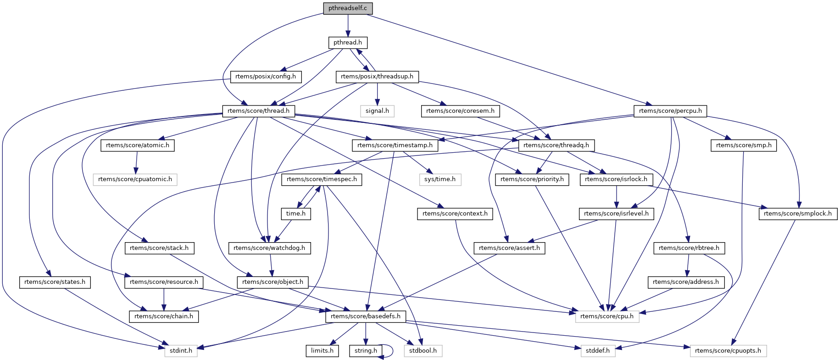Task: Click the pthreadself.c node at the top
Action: point(348,8)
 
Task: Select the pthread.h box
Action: point(348,43)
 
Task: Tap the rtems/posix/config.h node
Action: point(266,77)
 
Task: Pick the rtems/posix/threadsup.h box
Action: point(377,77)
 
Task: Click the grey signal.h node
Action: point(377,111)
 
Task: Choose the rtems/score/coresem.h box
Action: point(460,111)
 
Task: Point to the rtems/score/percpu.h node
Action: point(670,111)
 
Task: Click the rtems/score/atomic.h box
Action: point(137,145)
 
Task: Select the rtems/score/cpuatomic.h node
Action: point(135,179)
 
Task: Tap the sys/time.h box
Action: point(440,179)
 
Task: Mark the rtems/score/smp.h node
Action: point(744,145)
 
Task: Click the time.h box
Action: point(296,214)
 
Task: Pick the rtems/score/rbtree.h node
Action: point(689,248)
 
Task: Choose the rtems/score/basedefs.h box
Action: point(366,316)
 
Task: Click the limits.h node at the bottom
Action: point(322,351)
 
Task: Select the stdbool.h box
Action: point(423,351)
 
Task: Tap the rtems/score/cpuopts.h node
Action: point(728,351)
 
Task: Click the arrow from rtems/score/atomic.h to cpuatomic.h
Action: point(136,162)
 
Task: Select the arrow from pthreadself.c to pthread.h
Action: point(348,25)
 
